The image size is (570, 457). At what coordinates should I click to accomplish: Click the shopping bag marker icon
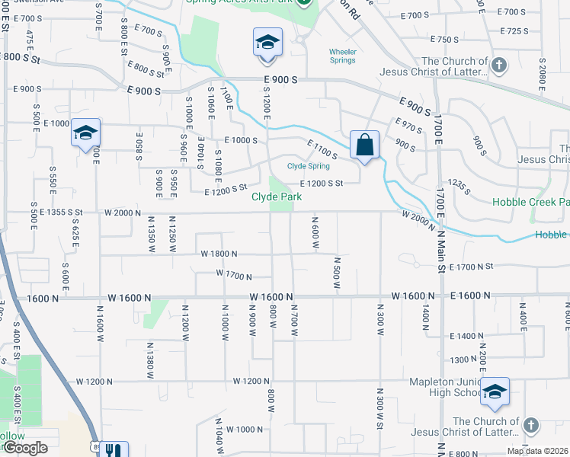coord(365,144)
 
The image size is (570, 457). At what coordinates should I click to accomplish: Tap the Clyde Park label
coord(277,197)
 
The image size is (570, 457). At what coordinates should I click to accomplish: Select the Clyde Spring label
coord(309,166)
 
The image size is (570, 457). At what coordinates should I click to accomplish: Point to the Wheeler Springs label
coord(343,56)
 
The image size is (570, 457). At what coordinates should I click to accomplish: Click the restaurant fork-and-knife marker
coord(114,451)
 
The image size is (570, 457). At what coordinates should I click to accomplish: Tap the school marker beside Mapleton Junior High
coord(495,392)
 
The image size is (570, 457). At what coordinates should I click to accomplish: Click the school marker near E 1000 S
coord(85,133)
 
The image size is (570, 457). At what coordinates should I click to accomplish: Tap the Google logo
coord(24,448)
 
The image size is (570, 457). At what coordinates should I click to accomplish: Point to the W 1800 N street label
coord(219,254)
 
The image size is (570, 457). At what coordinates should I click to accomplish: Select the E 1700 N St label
coord(472,267)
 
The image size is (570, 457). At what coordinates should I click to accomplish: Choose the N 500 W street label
coord(336,272)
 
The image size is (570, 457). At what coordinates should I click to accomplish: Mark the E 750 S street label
coord(444,39)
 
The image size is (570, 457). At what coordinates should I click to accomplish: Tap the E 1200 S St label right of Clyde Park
coord(322,183)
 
